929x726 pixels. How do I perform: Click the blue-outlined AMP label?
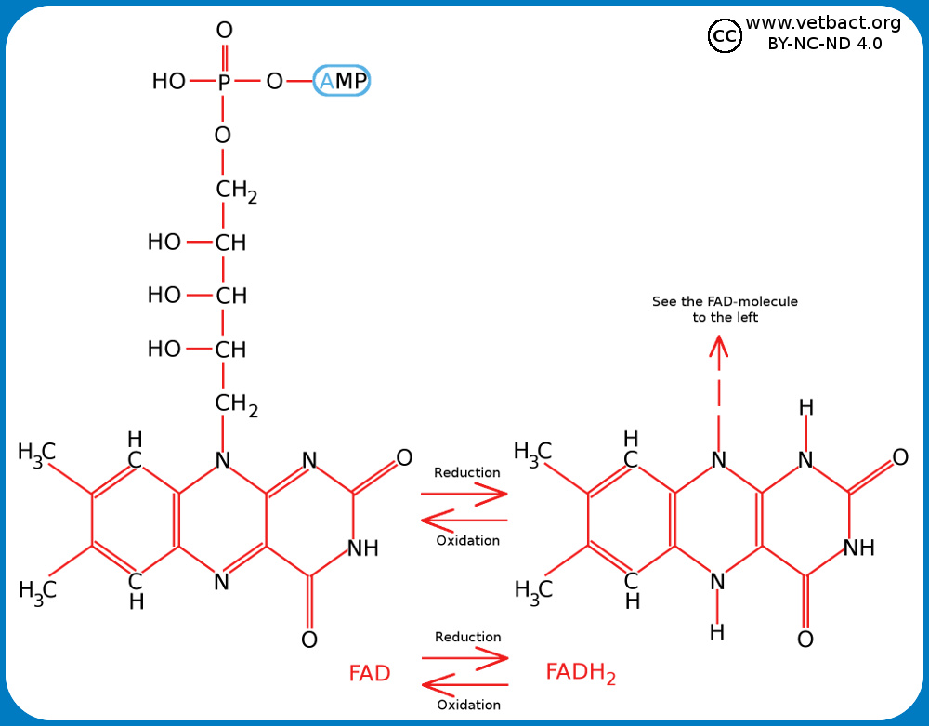point(342,82)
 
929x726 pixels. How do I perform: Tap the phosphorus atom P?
point(224,82)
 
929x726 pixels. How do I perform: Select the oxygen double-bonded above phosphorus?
point(224,31)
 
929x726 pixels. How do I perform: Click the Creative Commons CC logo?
point(724,36)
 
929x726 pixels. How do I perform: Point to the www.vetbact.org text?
point(810,22)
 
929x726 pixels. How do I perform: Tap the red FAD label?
point(369,673)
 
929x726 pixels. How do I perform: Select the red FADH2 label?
point(580,672)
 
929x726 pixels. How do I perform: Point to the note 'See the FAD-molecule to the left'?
point(725,310)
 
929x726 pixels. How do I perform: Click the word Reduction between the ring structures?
point(466,472)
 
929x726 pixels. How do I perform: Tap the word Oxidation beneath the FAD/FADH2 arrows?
point(468,705)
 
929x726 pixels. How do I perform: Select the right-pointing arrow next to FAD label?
point(465,657)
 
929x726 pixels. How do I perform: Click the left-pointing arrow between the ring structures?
point(464,521)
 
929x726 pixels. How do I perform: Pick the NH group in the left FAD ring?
point(362,548)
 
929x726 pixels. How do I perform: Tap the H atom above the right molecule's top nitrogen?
point(805,407)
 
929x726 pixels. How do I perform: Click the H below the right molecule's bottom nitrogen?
point(716,633)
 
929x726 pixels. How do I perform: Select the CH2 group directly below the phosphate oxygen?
point(236,191)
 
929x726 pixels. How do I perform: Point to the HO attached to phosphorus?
point(169,82)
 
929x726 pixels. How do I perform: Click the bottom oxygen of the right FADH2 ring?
point(805,640)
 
